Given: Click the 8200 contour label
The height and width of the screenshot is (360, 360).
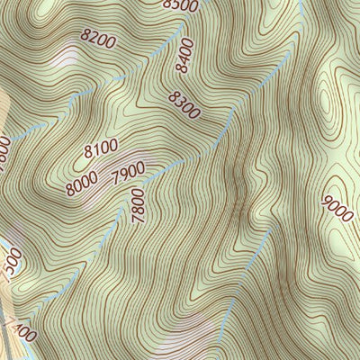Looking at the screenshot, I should point(97,40).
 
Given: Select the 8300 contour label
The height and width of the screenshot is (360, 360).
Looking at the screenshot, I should point(184,106).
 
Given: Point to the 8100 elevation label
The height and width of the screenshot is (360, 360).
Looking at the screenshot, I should point(102,147).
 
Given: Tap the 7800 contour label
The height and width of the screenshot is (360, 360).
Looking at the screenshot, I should point(137,208).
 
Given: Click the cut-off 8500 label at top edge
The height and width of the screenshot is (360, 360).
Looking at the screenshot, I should point(180,5).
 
